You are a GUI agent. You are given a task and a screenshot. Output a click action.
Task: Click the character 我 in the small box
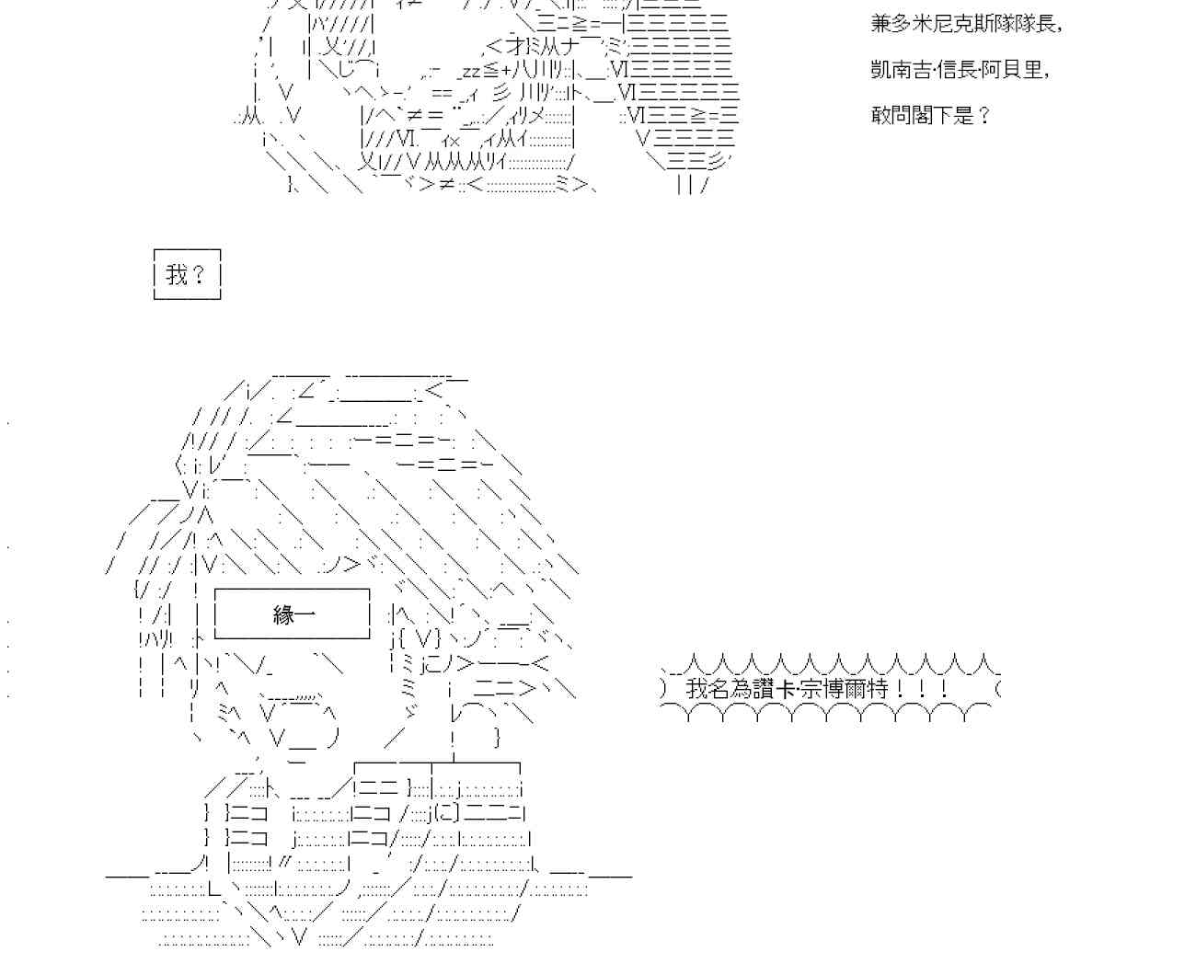(177, 274)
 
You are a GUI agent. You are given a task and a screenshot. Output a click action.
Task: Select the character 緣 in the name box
(283, 614)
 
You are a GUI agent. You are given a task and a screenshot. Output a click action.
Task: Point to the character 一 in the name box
(305, 614)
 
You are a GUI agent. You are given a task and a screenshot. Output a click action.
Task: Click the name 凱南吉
(904, 70)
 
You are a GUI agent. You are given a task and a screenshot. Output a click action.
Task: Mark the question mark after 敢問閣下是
(984, 116)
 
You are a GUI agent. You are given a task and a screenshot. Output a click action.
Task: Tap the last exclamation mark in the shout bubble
(944, 689)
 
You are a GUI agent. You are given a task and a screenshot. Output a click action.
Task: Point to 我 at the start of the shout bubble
(696, 689)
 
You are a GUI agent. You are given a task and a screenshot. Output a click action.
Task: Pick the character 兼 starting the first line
(881, 24)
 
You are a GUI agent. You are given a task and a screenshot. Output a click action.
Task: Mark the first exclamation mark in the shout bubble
(900, 689)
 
